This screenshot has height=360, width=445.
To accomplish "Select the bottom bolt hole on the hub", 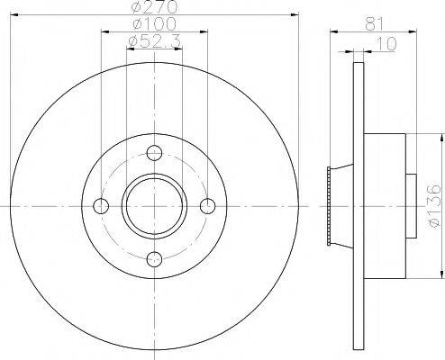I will click(x=154, y=259).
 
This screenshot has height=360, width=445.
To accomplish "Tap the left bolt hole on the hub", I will click(x=101, y=206).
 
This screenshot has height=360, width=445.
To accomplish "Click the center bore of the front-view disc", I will click(x=154, y=206).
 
